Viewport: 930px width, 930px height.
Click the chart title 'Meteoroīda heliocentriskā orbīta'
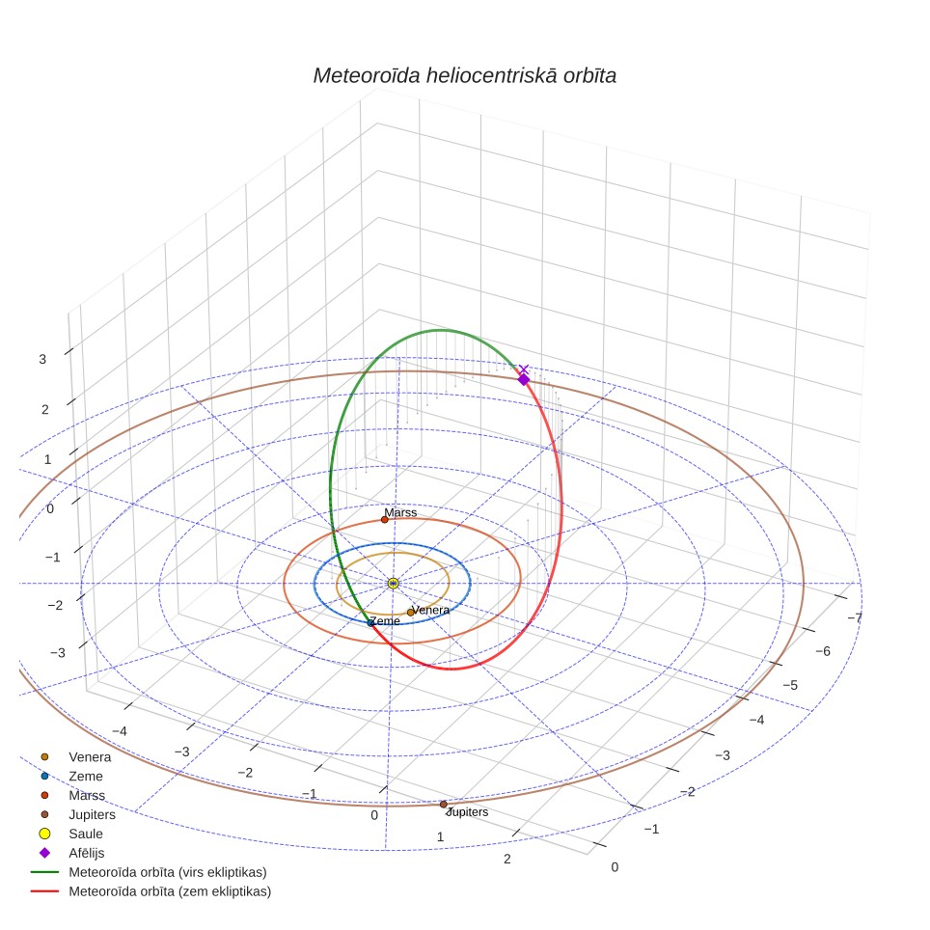(x=464, y=76)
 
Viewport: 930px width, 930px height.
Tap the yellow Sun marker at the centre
(x=394, y=584)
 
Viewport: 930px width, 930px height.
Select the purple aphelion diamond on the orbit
(x=523, y=379)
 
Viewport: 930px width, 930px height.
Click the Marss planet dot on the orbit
(x=384, y=520)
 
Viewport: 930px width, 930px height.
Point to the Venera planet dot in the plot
(x=410, y=613)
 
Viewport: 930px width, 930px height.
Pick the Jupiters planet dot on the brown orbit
(x=443, y=805)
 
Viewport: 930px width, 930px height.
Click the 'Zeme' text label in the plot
(x=385, y=621)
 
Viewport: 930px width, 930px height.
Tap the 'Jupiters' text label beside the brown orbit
(x=467, y=812)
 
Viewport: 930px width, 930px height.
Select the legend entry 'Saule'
(x=86, y=834)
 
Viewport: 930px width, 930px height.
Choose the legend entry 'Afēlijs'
(x=87, y=853)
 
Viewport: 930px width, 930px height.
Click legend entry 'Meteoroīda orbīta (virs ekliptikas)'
(x=168, y=872)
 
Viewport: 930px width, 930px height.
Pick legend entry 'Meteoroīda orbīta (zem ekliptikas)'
(x=170, y=891)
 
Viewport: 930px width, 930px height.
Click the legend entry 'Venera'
(x=90, y=756)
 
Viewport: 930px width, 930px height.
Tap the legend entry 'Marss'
(x=87, y=795)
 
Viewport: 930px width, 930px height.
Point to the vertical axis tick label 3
(x=42, y=360)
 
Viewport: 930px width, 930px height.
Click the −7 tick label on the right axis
(x=855, y=617)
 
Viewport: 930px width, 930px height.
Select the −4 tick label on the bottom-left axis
(x=120, y=731)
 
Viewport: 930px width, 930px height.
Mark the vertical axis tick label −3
(x=58, y=653)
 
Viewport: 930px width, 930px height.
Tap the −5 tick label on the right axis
(x=790, y=686)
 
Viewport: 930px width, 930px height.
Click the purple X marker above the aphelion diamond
(x=523, y=369)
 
